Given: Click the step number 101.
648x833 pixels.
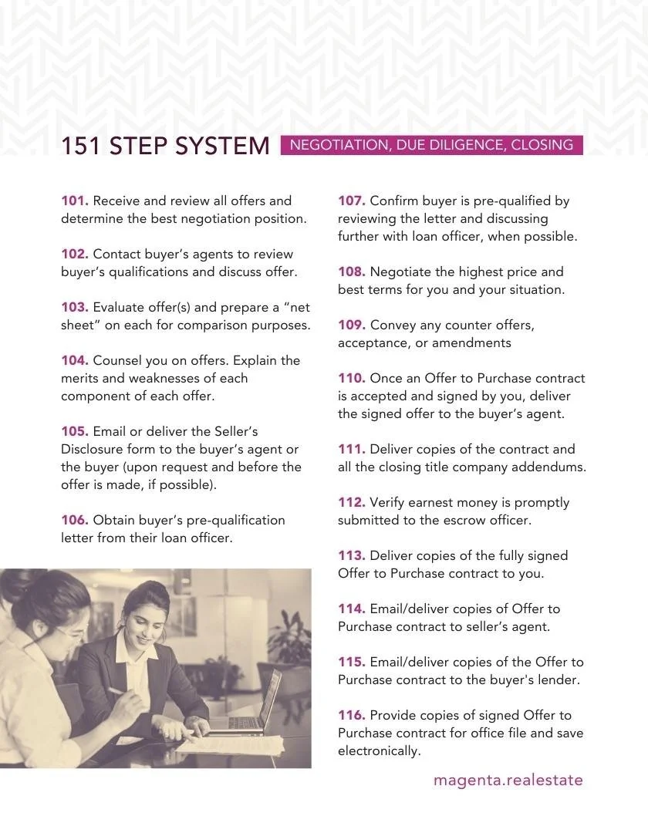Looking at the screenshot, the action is click(x=75, y=201).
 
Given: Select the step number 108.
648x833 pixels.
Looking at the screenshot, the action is click(x=352, y=272).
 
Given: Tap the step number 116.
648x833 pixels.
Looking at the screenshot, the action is click(x=352, y=716).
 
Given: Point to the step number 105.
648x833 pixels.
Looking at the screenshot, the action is click(x=75, y=431).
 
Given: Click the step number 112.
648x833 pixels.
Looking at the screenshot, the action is click(x=352, y=503).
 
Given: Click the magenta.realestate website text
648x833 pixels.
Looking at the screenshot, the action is click(x=508, y=781).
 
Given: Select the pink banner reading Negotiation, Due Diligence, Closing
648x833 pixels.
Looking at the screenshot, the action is click(x=432, y=145).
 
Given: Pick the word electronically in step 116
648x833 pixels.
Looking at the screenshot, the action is click(x=380, y=751).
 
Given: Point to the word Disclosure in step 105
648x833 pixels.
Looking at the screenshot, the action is click(x=92, y=450).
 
